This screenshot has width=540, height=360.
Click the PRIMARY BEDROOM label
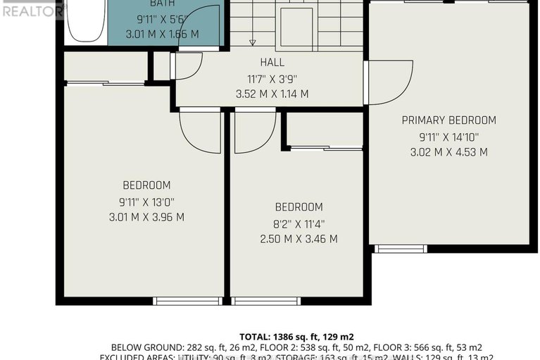tap(448, 120)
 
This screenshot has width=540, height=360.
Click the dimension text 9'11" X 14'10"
tap(448, 137)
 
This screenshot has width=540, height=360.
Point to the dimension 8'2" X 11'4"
tap(299, 223)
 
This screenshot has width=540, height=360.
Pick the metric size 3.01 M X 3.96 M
tap(146, 217)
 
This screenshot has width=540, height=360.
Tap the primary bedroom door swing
tap(389, 82)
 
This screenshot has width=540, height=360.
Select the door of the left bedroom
tap(201, 131)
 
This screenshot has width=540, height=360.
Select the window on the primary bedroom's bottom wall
tap(400, 249)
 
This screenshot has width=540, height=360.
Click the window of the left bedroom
tap(187, 302)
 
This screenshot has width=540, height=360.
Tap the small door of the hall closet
tap(187, 66)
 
